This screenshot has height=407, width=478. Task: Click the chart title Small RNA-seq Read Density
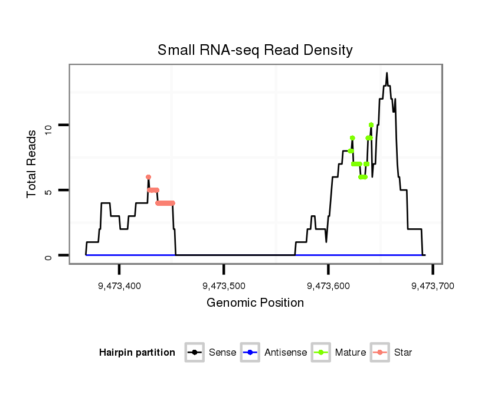tap(255, 50)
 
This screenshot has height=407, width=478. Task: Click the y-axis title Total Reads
tap(32, 164)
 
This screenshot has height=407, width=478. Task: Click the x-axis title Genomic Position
tap(255, 303)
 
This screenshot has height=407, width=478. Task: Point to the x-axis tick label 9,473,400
tap(120, 286)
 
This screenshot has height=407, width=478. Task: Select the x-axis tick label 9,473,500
tap(224, 286)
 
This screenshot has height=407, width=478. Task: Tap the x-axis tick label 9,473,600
tap(329, 286)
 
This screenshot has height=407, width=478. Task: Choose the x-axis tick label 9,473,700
tap(433, 286)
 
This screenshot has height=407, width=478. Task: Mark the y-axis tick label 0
tap(48, 255)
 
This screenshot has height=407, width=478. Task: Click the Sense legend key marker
tap(194, 353)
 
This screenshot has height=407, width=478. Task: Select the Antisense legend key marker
tap(250, 353)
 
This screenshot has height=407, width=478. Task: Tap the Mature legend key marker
tap(321, 353)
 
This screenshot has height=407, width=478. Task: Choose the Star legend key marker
tap(380, 353)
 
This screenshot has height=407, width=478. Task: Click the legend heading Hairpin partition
tap(137, 353)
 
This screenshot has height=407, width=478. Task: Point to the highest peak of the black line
tap(387, 73)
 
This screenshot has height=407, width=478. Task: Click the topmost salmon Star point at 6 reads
tap(148, 177)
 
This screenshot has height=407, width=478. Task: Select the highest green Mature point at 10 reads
tap(371, 124)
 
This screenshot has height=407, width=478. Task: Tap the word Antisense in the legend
tap(286, 353)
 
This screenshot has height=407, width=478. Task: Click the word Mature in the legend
tap(351, 353)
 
